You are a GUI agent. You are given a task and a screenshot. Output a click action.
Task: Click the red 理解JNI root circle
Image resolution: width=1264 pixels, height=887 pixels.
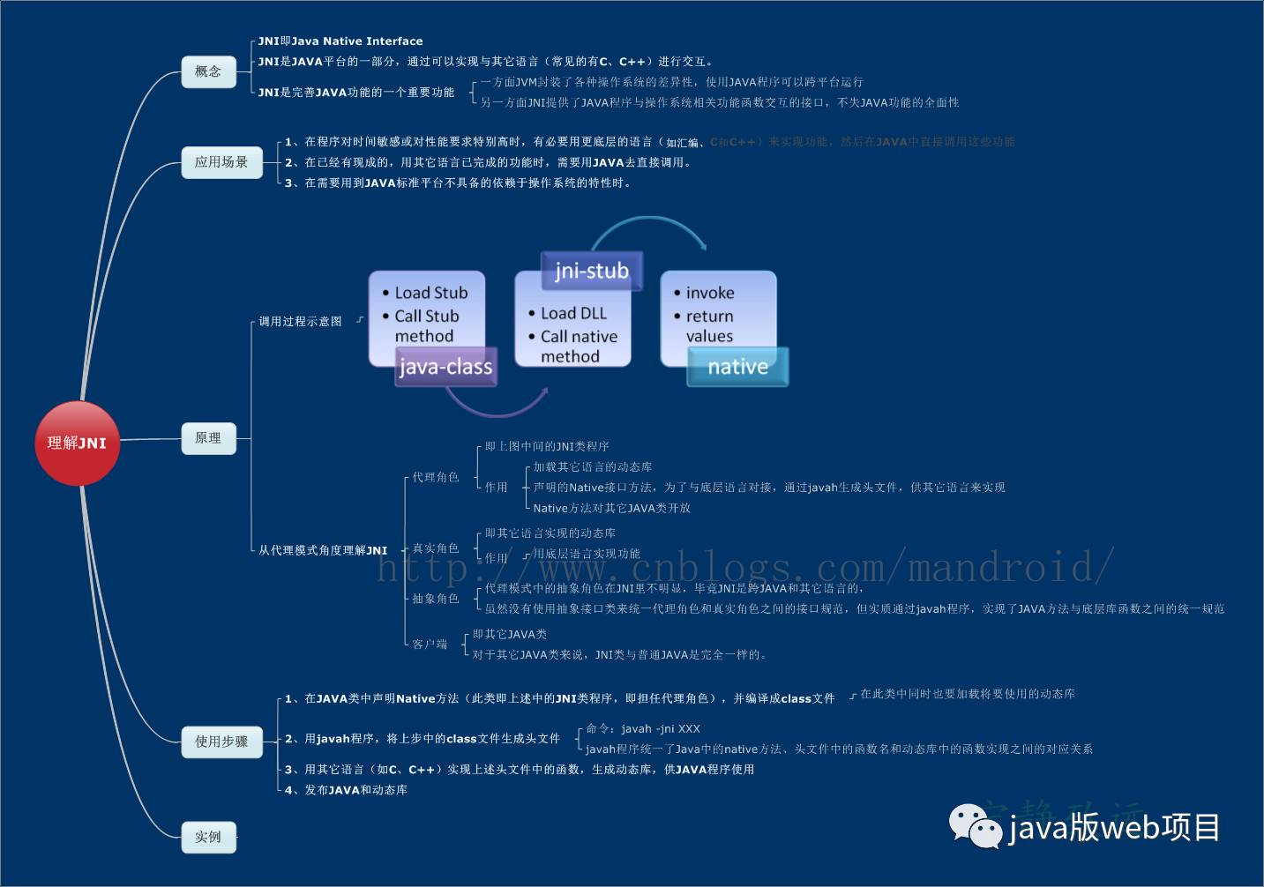(x=77, y=443)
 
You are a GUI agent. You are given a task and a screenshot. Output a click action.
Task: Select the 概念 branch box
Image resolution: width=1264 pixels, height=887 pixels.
(x=209, y=71)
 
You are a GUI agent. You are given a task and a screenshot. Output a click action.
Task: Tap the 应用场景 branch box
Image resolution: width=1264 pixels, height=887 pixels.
(x=221, y=162)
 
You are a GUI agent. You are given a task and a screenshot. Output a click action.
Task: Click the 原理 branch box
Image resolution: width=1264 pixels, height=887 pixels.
(x=208, y=438)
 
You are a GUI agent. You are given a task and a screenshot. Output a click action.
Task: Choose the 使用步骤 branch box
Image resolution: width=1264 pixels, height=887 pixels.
(x=221, y=742)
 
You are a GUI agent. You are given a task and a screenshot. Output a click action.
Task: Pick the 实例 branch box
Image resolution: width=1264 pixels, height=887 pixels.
(x=208, y=837)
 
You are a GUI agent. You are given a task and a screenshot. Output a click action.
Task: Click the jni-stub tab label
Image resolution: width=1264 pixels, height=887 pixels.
(x=591, y=271)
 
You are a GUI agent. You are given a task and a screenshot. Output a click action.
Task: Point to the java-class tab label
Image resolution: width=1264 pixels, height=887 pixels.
(x=445, y=367)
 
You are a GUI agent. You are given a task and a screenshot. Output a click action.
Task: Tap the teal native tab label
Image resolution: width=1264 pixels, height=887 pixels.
(x=737, y=367)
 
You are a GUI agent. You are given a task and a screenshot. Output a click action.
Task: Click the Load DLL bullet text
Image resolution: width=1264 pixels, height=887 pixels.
(x=573, y=313)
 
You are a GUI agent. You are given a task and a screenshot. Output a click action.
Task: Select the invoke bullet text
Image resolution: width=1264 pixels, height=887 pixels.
(x=709, y=293)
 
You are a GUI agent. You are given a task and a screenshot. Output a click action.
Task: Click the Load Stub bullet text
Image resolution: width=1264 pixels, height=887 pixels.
(x=430, y=293)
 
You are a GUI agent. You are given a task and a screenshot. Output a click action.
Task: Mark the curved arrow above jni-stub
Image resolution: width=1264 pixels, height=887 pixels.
(x=649, y=228)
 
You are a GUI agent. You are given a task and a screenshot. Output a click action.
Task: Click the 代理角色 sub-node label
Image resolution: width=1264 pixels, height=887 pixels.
(x=436, y=477)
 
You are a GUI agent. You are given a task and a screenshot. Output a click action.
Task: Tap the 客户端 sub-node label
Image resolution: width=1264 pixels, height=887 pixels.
(x=430, y=645)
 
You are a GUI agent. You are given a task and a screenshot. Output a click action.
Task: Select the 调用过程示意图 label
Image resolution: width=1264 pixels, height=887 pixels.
(x=300, y=321)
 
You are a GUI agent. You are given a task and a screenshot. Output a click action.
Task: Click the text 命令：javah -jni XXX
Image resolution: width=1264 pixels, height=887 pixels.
(x=643, y=728)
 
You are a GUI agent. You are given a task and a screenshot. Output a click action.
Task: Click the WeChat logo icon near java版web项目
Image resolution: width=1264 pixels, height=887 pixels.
(x=975, y=826)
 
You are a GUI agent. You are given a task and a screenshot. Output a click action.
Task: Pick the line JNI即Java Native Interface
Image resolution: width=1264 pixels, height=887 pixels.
(x=340, y=41)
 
